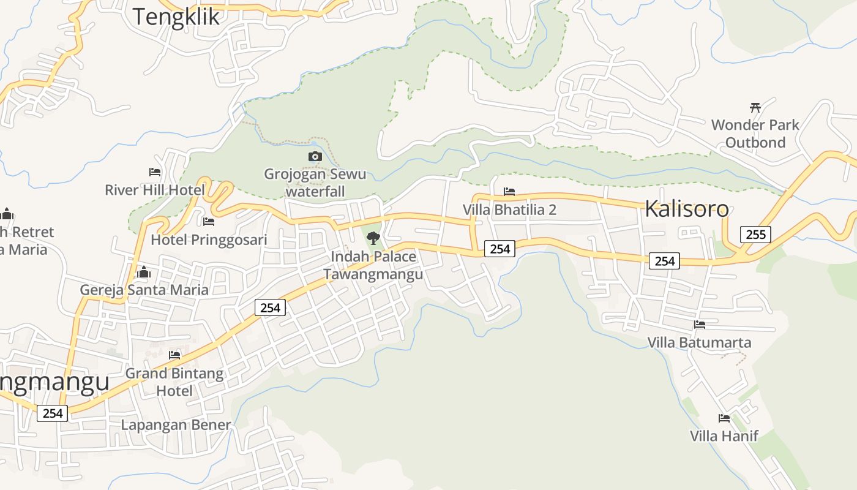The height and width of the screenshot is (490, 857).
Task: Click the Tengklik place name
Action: click(x=176, y=17)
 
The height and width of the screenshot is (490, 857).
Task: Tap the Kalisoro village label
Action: click(x=686, y=209)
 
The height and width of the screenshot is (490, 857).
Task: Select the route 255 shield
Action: click(x=755, y=234)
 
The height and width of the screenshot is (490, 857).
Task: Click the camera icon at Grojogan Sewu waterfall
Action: click(x=315, y=157)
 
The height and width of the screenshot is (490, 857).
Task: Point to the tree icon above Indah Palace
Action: click(x=373, y=238)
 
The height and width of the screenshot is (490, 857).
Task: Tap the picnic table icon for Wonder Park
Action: click(x=755, y=107)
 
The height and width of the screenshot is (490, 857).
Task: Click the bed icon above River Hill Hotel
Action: click(x=155, y=172)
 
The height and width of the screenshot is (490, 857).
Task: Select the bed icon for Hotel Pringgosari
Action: click(x=209, y=222)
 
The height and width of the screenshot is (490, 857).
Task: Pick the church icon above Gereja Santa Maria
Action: click(x=144, y=272)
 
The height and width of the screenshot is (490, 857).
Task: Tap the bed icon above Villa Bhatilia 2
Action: click(x=509, y=192)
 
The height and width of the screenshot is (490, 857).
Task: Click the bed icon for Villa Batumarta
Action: click(x=700, y=325)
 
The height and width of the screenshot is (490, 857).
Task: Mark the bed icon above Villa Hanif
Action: click(x=724, y=418)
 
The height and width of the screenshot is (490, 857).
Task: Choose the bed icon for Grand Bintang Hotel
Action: click(x=174, y=355)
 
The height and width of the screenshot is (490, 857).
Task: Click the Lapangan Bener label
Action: click(x=176, y=425)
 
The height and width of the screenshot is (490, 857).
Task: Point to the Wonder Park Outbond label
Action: click(x=755, y=134)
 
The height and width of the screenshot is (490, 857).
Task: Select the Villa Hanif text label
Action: click(x=724, y=436)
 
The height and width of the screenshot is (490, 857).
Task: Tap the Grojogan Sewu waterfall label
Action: click(x=315, y=183)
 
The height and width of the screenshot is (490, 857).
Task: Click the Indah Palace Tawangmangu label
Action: click(x=373, y=265)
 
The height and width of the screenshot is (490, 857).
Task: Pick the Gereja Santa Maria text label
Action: click(x=144, y=290)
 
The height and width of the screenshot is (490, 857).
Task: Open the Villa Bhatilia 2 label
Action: click(x=509, y=210)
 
